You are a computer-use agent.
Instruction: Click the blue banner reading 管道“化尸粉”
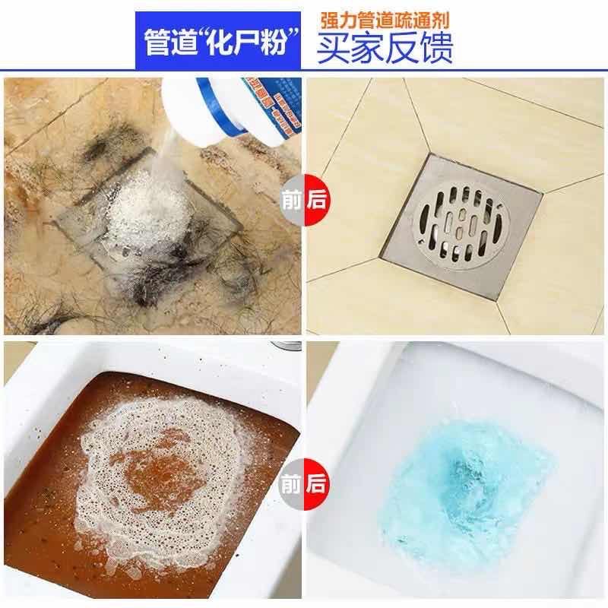click(218, 41)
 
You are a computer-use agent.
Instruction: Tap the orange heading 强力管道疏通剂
click(385, 21)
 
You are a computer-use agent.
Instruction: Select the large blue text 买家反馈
click(385, 49)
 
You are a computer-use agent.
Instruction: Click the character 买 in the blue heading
click(333, 49)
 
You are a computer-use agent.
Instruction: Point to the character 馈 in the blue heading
click(436, 49)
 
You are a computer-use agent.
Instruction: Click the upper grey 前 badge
click(292, 200)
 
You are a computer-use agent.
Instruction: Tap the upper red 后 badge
click(317, 200)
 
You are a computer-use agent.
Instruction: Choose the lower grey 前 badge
click(292, 484)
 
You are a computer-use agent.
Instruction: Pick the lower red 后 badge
click(317, 484)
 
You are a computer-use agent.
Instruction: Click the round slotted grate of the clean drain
click(463, 226)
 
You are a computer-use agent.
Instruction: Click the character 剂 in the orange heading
click(440, 21)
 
